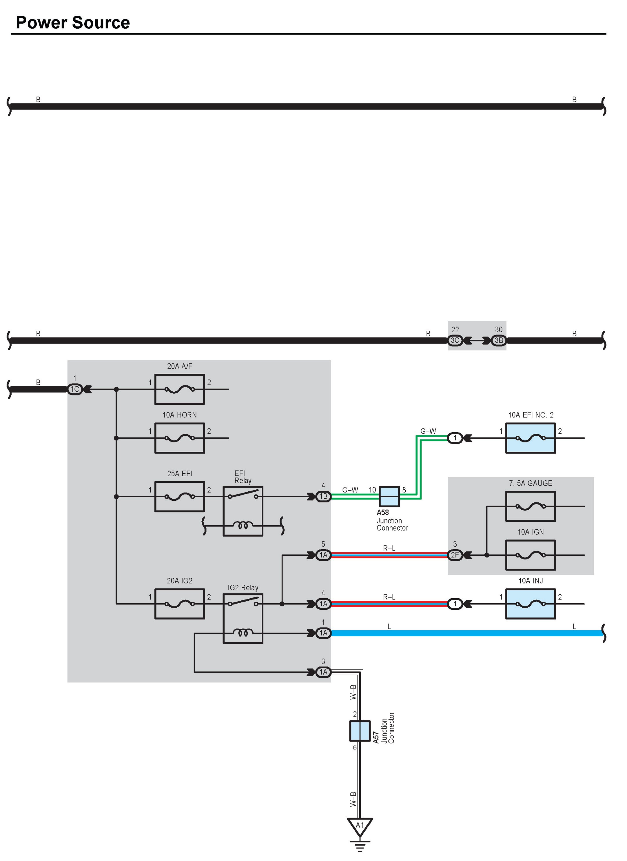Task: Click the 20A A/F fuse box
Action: point(180,389)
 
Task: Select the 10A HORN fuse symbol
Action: point(180,438)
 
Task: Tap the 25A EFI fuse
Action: point(180,496)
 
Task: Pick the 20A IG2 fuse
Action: point(180,604)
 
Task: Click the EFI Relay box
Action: point(243,511)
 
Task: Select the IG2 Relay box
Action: point(243,618)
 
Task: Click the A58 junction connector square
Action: point(389,496)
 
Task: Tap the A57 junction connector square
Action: point(360,731)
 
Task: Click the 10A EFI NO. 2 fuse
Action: point(530,438)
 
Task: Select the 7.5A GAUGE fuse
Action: point(530,506)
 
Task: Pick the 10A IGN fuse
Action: point(530,555)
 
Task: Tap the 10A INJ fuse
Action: point(530,604)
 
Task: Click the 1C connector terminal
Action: point(75,389)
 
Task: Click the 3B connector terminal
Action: point(499,340)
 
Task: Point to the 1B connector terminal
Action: point(323,496)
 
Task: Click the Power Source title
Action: point(73,23)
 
